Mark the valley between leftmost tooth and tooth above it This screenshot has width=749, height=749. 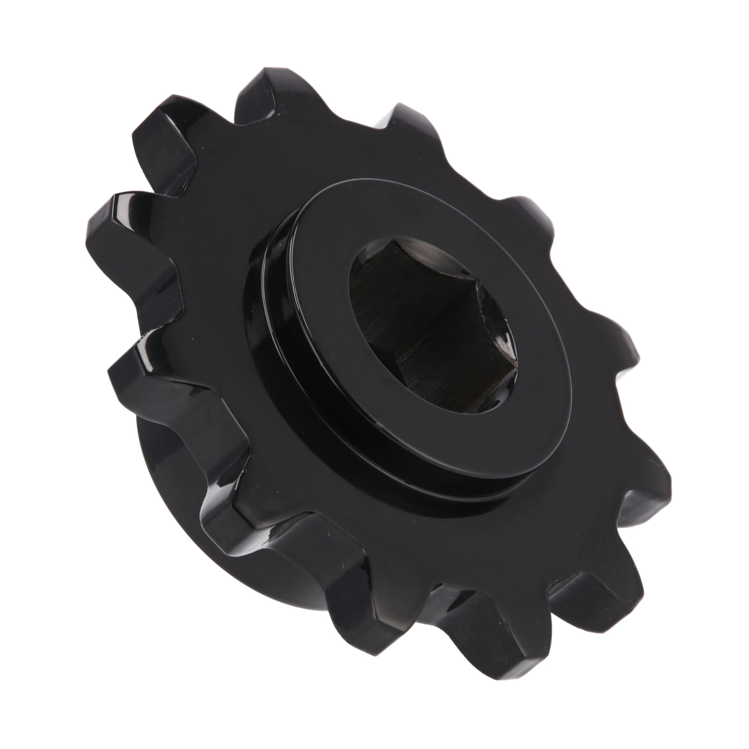tap(163, 186)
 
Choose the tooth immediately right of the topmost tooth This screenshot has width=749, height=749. tap(403, 116)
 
